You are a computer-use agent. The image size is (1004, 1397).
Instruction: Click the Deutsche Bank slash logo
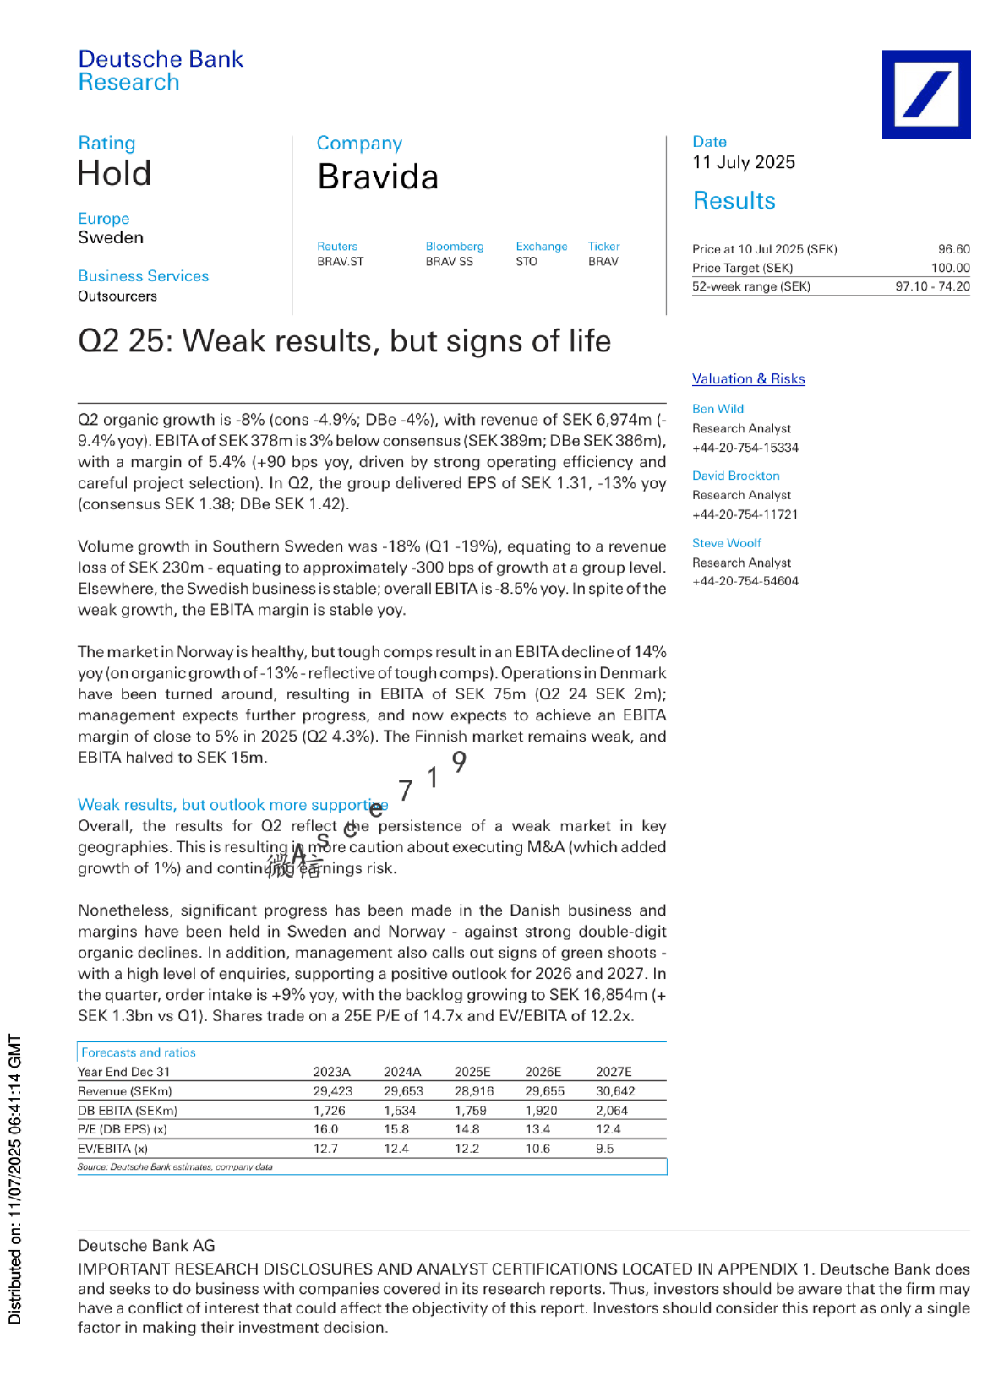coord(925,94)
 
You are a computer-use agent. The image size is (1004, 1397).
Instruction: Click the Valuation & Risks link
coord(748,379)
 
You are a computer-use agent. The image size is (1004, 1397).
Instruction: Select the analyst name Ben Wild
coord(718,409)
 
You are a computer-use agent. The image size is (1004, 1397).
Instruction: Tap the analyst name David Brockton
coord(735,476)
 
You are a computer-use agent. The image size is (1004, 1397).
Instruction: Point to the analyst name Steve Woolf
coord(726,543)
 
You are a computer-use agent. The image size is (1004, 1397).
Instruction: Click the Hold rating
coord(114,174)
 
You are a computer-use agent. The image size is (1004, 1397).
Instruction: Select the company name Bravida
coord(378,177)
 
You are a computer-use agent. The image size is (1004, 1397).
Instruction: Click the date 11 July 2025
coord(744,162)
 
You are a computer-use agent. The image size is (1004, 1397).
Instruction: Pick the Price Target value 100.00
coord(950,268)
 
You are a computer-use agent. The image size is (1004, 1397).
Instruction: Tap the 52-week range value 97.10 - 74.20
coord(932,286)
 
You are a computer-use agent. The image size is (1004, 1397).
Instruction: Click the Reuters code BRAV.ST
coord(340,262)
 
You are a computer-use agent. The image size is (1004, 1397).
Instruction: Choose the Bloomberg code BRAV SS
coord(449,262)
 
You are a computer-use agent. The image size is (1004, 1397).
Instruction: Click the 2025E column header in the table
coord(472,1072)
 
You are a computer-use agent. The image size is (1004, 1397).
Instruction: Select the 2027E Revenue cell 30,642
coord(614,1091)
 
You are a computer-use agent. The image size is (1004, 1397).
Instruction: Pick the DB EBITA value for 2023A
coord(329,1111)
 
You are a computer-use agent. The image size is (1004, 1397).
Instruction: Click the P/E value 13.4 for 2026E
coord(537,1129)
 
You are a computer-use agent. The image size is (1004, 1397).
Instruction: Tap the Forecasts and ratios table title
coord(139,1052)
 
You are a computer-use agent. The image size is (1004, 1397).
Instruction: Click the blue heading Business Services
coord(143,276)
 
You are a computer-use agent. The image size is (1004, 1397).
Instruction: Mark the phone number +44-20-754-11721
coord(745,514)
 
